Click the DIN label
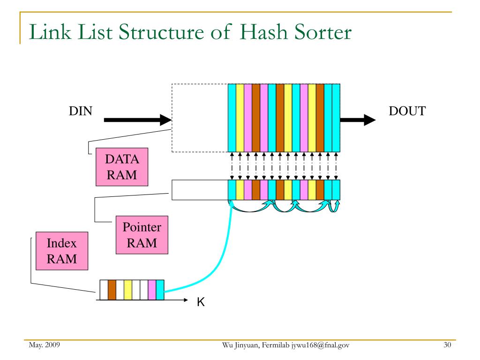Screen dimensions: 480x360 point(81,111)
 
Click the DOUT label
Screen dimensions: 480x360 point(407,111)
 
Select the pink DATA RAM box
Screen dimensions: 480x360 point(122,167)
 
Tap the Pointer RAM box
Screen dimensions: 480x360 point(142,235)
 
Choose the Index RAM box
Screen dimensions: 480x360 point(62,251)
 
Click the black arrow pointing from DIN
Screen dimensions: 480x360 point(138,120)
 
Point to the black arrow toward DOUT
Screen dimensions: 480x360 point(358,120)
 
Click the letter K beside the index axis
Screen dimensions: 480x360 point(201,302)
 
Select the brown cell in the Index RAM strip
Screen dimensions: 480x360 point(112,290)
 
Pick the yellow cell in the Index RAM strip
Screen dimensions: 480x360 point(128,290)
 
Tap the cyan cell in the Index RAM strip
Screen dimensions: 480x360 point(160,290)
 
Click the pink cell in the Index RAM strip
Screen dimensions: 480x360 point(152,290)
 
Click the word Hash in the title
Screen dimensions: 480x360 point(263,32)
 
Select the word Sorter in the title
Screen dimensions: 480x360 point(323,32)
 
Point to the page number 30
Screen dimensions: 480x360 point(447,345)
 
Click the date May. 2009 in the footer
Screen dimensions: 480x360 point(45,345)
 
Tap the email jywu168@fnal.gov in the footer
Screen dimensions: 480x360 point(320,345)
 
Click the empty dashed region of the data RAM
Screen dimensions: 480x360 point(200,118)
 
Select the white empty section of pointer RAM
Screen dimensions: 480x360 point(200,190)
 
